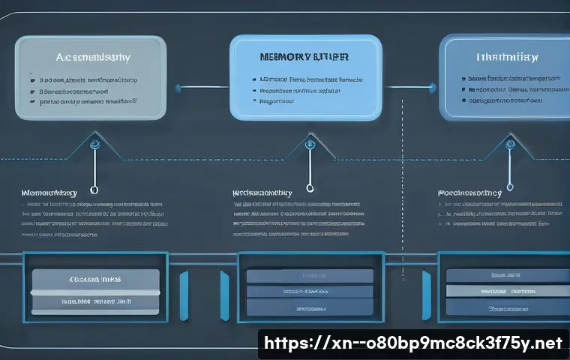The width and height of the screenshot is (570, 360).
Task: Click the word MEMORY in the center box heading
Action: [280, 55]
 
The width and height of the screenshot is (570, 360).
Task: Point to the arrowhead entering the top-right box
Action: [438, 88]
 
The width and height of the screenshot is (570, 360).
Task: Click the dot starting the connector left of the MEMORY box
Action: [178, 88]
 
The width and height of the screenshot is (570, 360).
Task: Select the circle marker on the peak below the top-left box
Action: [95, 142]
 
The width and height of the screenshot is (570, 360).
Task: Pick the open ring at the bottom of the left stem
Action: [94, 190]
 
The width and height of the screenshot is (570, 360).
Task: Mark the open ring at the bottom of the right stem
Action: [510, 189]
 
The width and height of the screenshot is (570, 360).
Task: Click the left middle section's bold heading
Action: [49, 193]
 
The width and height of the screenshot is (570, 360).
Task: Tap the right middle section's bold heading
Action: [470, 193]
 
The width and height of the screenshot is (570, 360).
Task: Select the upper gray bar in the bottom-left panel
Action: [94, 278]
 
